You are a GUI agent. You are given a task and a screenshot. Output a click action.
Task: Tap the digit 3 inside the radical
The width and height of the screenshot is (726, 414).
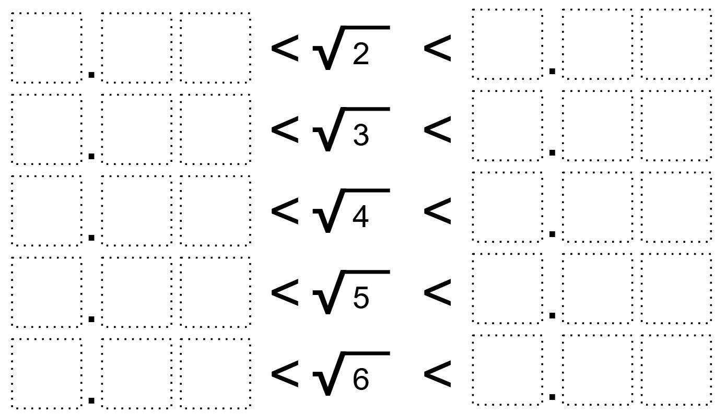[361, 135]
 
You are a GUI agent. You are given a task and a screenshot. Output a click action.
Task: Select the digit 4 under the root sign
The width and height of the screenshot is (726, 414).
[360, 217]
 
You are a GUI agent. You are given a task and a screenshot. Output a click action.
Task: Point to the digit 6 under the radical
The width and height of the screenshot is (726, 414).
[361, 380]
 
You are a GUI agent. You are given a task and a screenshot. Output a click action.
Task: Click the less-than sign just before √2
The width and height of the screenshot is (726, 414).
[285, 49]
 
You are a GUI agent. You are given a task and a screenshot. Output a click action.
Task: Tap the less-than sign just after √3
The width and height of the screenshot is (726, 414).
[437, 130]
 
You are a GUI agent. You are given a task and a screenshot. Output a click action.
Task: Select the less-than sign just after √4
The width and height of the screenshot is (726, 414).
[437, 211]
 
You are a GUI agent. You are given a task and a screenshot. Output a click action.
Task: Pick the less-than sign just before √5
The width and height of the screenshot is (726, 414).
[285, 293]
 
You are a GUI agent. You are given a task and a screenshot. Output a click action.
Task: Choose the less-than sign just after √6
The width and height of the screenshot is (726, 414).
[437, 374]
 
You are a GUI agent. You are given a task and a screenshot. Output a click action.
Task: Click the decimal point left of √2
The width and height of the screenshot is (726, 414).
[91, 75]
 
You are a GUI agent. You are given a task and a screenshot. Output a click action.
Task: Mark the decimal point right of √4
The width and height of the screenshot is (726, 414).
[552, 234]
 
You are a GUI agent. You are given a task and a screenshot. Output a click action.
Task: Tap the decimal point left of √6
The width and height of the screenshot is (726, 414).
[91, 401]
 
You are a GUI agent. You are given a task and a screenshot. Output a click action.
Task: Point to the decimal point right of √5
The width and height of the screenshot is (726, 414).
[552, 315]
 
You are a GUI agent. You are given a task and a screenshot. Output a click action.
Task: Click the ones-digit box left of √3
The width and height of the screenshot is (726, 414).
[46, 129]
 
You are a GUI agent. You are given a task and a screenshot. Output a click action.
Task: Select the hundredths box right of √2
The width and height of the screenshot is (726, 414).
[676, 44]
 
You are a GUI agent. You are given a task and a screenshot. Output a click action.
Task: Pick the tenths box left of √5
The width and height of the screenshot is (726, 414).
[136, 292]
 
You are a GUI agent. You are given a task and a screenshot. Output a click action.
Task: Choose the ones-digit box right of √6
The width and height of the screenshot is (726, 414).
[507, 370]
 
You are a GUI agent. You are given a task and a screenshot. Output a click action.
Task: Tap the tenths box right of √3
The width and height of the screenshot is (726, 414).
[598, 125]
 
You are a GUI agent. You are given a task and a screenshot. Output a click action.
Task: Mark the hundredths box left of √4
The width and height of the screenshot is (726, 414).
[216, 210]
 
